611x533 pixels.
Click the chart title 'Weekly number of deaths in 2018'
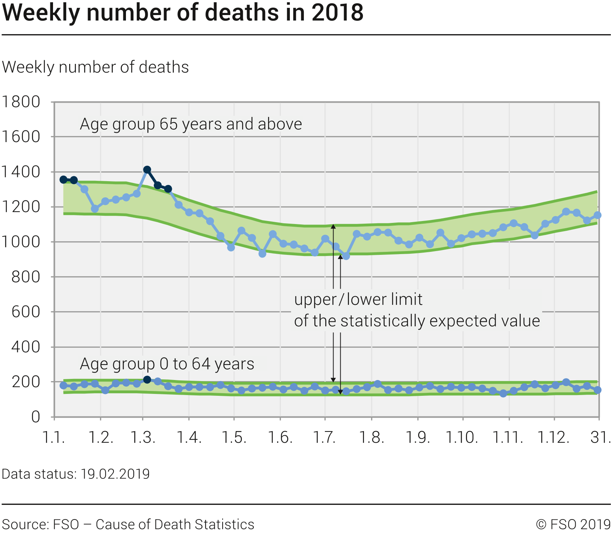[183, 12]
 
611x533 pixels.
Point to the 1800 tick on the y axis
[21, 102]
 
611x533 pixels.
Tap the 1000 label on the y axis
[21, 242]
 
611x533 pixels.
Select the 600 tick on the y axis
[26, 312]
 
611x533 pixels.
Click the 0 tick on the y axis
[36, 417]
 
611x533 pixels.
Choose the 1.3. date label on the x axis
[143, 438]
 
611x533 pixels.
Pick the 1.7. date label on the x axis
[325, 438]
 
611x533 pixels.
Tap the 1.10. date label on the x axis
[462, 438]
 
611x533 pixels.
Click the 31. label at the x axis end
[600, 438]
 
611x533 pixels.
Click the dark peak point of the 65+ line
[147, 170]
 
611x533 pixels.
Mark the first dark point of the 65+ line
[64, 180]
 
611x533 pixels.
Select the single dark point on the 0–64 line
[147, 380]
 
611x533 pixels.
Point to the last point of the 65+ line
[597, 215]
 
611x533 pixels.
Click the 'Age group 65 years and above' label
[191, 124]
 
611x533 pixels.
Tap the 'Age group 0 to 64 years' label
[167, 364]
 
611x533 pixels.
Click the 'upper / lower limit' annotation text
[358, 300]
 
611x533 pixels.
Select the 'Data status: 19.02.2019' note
[76, 474]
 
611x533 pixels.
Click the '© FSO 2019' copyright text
[573, 524]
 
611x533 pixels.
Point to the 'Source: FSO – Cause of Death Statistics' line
[128, 524]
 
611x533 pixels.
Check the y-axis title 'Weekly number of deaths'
[96, 67]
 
